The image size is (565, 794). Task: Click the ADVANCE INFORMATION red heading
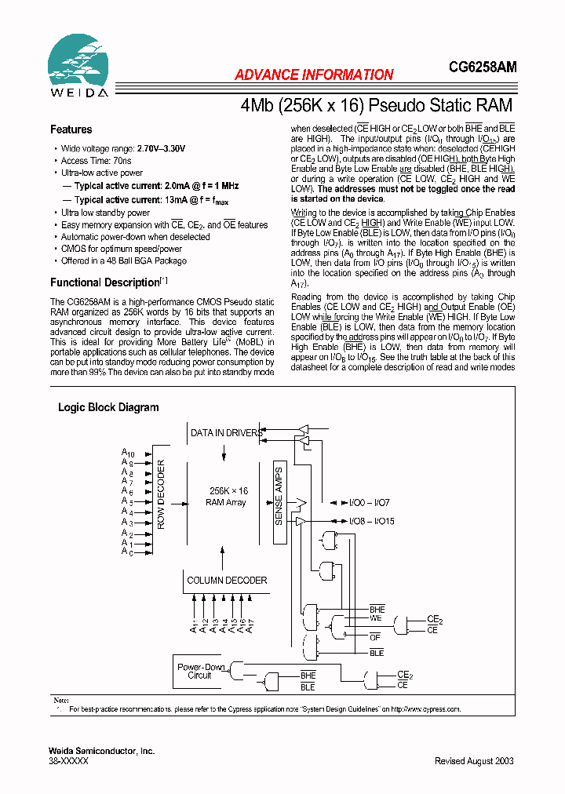(x=314, y=75)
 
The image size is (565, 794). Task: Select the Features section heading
(x=71, y=129)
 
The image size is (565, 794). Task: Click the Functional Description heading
(x=105, y=282)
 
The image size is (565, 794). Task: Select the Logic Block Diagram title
(x=108, y=407)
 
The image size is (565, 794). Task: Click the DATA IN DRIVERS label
(x=227, y=433)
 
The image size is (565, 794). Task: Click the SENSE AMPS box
(x=279, y=501)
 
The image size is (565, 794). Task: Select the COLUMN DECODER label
(x=227, y=581)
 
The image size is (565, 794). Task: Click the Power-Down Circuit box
(x=200, y=671)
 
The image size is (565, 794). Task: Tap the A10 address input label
(x=128, y=453)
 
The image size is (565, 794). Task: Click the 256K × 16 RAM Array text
(x=226, y=496)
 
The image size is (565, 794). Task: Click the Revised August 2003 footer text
(x=476, y=761)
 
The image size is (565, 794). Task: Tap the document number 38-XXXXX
(x=69, y=761)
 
